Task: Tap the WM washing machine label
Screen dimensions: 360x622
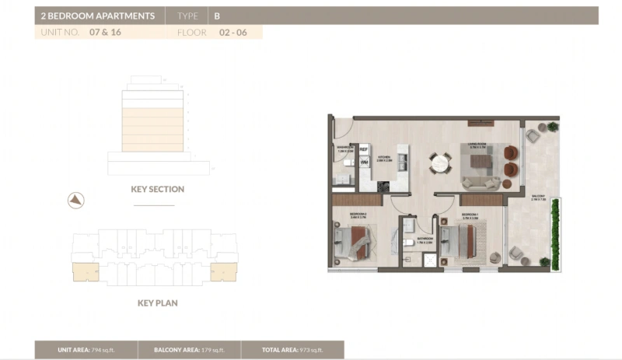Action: pyautogui.click(x=364, y=162)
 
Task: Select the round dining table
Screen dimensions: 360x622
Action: pyautogui.click(x=440, y=163)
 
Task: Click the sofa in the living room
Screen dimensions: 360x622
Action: pyautogui.click(x=482, y=183)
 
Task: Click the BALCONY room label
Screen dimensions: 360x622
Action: pyautogui.click(x=539, y=197)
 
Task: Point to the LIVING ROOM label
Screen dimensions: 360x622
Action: pyautogui.click(x=477, y=144)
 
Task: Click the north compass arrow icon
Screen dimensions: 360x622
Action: pyautogui.click(x=75, y=200)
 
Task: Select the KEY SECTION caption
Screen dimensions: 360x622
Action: pyautogui.click(x=158, y=189)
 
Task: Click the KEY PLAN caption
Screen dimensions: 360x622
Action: pyautogui.click(x=158, y=302)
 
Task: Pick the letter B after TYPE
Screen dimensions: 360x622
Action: pyautogui.click(x=217, y=16)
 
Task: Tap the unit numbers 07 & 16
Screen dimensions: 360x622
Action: pyautogui.click(x=105, y=33)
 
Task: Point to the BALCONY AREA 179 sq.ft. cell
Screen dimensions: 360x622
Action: pyautogui.click(x=189, y=351)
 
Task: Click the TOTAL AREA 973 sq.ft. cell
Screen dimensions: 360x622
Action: pyautogui.click(x=292, y=351)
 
